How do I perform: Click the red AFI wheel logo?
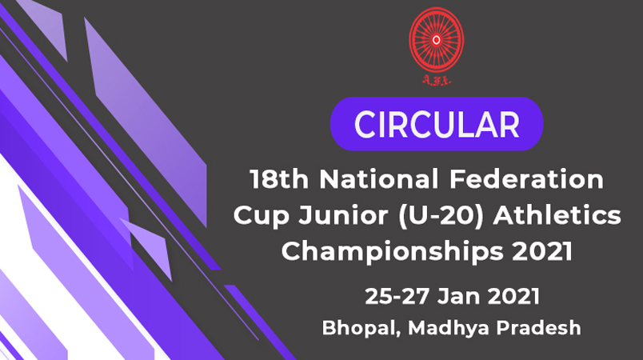437,40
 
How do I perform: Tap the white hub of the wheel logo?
437,40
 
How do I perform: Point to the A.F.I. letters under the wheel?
437,80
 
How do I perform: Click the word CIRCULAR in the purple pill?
437,124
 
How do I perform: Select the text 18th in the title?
279,179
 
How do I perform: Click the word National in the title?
379,179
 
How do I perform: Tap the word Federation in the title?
526,179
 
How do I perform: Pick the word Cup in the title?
262,216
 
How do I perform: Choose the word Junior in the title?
343,215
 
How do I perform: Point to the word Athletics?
557,215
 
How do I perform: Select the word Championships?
392,252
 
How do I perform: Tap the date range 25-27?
397,296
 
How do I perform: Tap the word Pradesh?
539,328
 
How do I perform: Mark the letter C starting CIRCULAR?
365,124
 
